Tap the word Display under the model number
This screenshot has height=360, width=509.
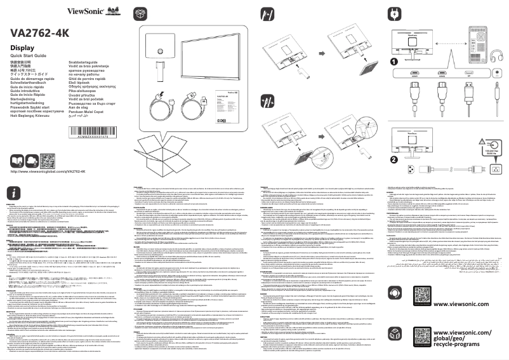pyautogui.click(x=22, y=48)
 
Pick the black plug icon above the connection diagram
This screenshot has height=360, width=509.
pyautogui.click(x=394, y=12)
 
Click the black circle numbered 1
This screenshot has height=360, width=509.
pyautogui.click(x=393, y=62)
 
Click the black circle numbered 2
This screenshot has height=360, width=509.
pyautogui.click(x=393, y=160)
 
